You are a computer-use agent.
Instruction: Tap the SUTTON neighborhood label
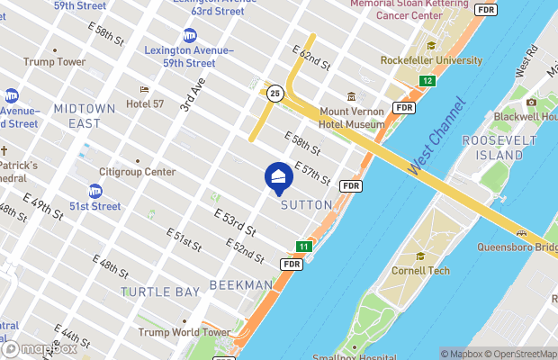pyautogui.click(x=307, y=205)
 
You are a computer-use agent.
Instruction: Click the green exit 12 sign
pyautogui.click(x=427, y=82)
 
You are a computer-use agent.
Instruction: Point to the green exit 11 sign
pyautogui.click(x=304, y=247)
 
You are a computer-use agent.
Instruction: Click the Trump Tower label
pyautogui.click(x=55, y=62)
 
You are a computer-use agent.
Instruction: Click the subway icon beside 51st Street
pyautogui.click(x=94, y=191)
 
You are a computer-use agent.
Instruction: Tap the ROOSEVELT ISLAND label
pyautogui.click(x=493, y=148)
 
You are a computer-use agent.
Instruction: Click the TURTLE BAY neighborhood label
pyautogui.click(x=159, y=292)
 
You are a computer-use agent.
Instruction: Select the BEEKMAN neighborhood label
pyautogui.click(x=240, y=284)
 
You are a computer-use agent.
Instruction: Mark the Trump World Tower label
pyautogui.click(x=184, y=332)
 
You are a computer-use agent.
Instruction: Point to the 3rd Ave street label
pyautogui.click(x=191, y=94)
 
